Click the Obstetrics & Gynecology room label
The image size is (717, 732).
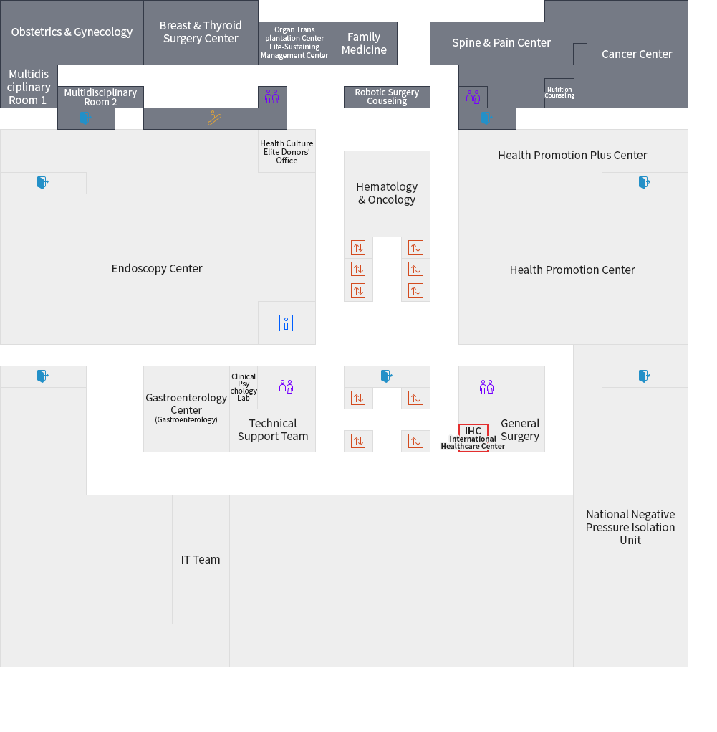pyautogui.click(x=72, y=32)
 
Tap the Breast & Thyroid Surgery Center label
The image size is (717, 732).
pyautogui.click(x=201, y=32)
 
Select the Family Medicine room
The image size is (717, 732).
pyautogui.click(x=364, y=43)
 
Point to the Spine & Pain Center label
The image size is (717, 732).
pyautogui.click(x=501, y=43)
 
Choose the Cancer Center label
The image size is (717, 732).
pyautogui.click(x=637, y=54)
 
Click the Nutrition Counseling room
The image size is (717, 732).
pyautogui.click(x=559, y=92)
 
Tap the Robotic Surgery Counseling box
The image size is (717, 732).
pyautogui.click(x=387, y=97)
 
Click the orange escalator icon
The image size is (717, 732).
pyautogui.click(x=214, y=118)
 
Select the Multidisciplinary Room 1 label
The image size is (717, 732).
pyautogui.click(x=29, y=87)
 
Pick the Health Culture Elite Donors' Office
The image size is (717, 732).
pyautogui.click(x=287, y=151)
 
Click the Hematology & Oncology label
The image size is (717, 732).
pyautogui.click(x=387, y=193)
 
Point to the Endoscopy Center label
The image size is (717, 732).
pyautogui.click(x=157, y=269)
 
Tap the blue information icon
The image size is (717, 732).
pyautogui.click(x=287, y=323)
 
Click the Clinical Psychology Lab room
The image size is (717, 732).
pyautogui.click(x=244, y=387)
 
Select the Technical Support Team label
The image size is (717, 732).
pyautogui.click(x=273, y=430)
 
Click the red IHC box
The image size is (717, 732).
pyautogui.click(x=473, y=431)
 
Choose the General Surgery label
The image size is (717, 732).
pyautogui.click(x=520, y=429)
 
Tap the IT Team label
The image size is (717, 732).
pyautogui.click(x=201, y=560)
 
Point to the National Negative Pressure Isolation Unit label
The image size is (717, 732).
pyautogui.click(x=630, y=527)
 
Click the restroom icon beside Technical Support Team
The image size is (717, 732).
pyautogui.click(x=287, y=387)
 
